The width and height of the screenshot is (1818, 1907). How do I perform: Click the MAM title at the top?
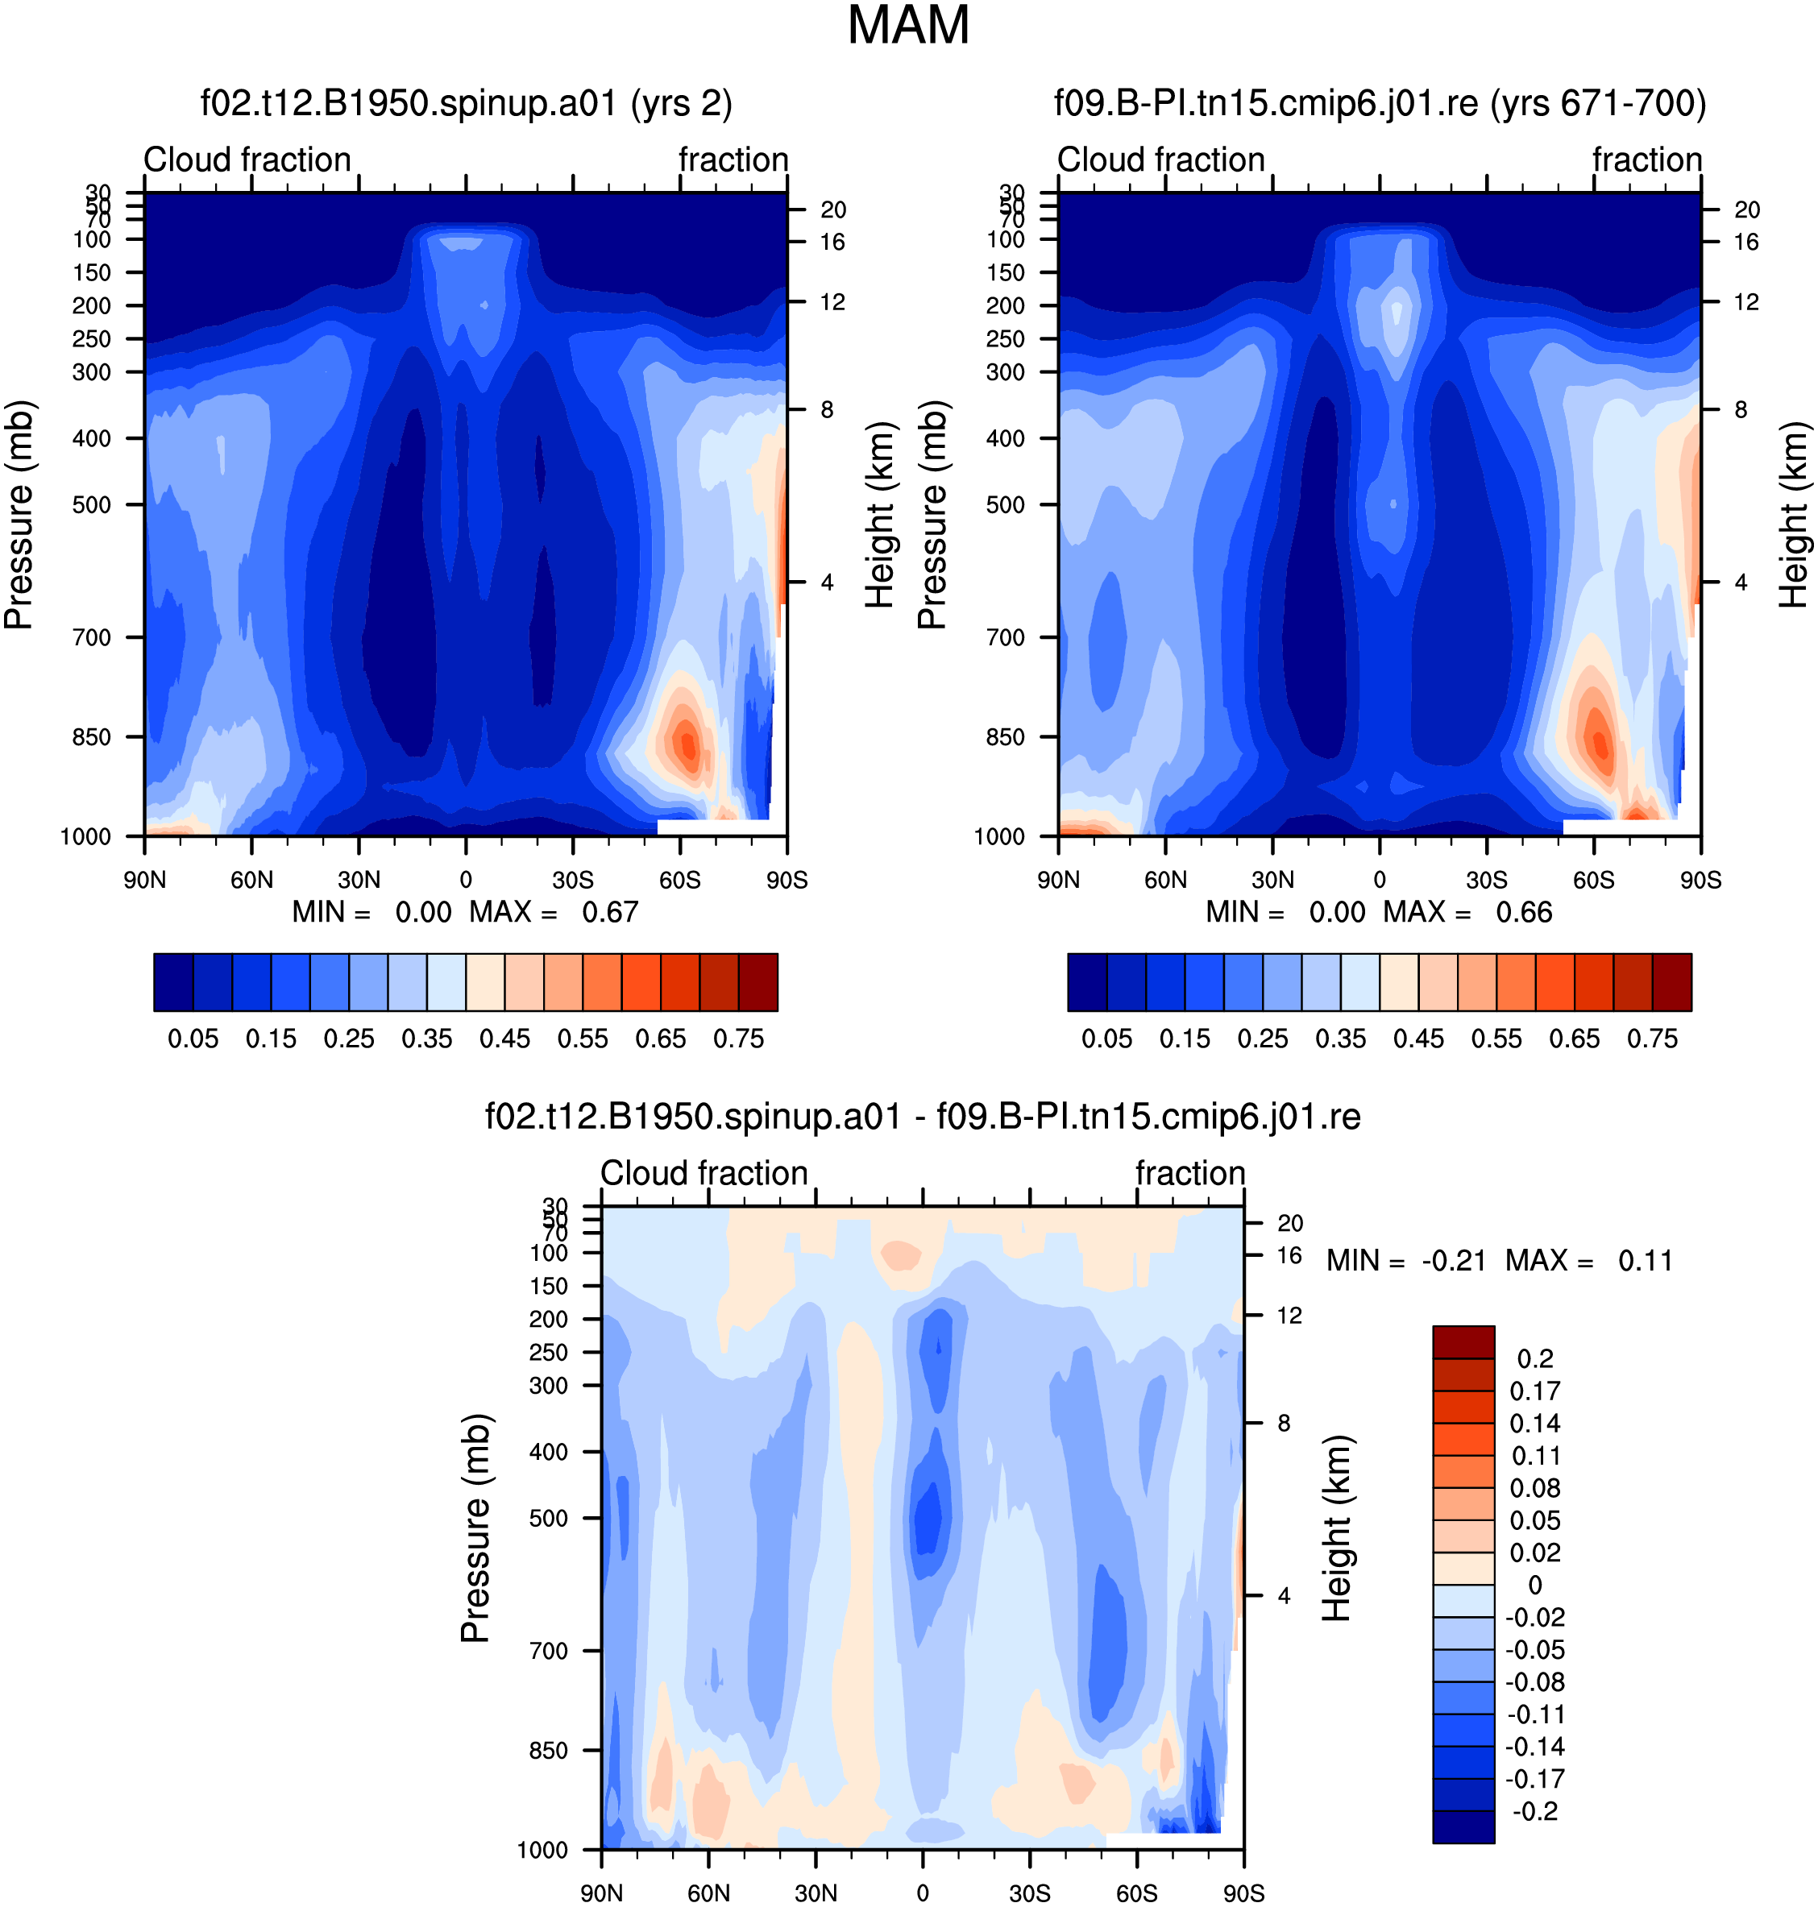point(908,25)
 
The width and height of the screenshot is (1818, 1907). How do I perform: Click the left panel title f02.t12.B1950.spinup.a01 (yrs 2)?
point(466,102)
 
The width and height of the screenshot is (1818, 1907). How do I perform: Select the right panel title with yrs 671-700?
point(1380,102)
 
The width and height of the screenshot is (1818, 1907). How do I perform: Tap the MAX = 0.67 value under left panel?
point(554,912)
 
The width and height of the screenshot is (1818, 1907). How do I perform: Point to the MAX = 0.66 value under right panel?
point(1467,912)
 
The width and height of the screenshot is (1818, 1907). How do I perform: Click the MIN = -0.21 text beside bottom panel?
point(1406,1261)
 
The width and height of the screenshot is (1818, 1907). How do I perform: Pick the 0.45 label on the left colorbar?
point(505,1038)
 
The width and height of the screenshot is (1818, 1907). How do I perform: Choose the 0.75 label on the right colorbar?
point(1652,1038)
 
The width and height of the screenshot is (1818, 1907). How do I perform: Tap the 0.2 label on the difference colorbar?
point(1536,1358)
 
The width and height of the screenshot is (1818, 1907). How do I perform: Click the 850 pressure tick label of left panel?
point(92,737)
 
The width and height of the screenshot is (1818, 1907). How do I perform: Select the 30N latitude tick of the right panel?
point(1272,880)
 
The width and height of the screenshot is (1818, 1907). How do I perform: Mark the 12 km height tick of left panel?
point(832,302)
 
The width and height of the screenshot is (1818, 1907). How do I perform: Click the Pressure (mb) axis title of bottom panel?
point(475,1529)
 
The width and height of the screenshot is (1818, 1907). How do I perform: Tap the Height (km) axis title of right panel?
point(1793,515)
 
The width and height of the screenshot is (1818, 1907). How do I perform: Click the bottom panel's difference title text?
point(923,1117)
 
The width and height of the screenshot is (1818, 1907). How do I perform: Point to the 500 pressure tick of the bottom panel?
point(549,1519)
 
